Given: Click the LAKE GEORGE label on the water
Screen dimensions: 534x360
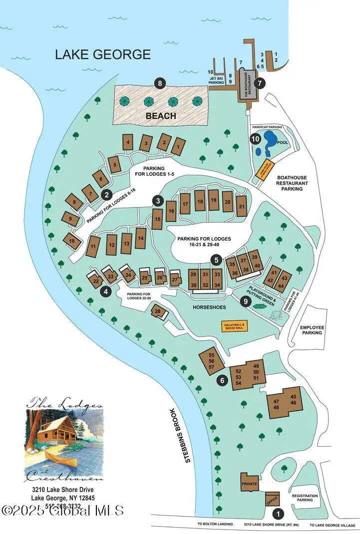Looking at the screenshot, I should pyautogui.click(x=103, y=54).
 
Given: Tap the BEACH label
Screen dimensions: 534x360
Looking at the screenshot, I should pyautogui.click(x=161, y=116).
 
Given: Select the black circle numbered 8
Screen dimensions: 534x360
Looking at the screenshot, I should pyautogui.click(x=160, y=84).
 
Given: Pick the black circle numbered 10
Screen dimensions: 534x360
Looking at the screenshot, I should pyautogui.click(x=255, y=140).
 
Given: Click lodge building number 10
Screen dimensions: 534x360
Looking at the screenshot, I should pyautogui.click(x=72, y=241).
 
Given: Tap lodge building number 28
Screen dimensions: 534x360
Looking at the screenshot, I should pyautogui.click(x=158, y=312).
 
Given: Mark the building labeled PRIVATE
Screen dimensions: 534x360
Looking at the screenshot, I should pyautogui.click(x=249, y=484).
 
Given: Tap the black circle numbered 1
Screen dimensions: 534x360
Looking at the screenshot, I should pyautogui.click(x=279, y=513).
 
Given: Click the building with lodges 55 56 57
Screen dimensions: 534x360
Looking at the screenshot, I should pyautogui.click(x=212, y=360).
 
